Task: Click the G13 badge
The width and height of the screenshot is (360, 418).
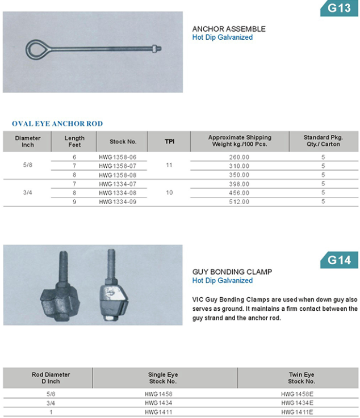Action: pos(340,8)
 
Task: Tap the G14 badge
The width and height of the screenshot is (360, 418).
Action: pos(340,260)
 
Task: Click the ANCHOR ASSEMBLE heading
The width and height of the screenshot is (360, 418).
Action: pos(229,29)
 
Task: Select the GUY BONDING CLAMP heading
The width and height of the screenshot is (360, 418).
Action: pos(232,272)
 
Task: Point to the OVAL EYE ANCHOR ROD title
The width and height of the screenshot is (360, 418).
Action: pos(57,124)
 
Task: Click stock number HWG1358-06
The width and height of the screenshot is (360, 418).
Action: pos(118,157)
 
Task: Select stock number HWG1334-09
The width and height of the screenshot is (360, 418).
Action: pos(118,201)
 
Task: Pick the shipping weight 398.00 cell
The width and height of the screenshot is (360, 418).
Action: pos(239,184)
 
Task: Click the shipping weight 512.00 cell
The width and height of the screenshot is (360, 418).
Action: pos(239,201)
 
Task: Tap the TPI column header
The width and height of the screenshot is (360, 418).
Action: pos(169,141)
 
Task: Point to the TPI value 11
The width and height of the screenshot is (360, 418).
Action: pos(169,166)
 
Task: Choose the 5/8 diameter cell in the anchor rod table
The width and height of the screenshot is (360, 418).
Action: pos(28,166)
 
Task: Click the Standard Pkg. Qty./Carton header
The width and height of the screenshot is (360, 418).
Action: pos(323,141)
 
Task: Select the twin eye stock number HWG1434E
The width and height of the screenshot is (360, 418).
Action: pos(298,403)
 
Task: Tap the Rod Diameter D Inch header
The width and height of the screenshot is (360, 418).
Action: pos(51,378)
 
